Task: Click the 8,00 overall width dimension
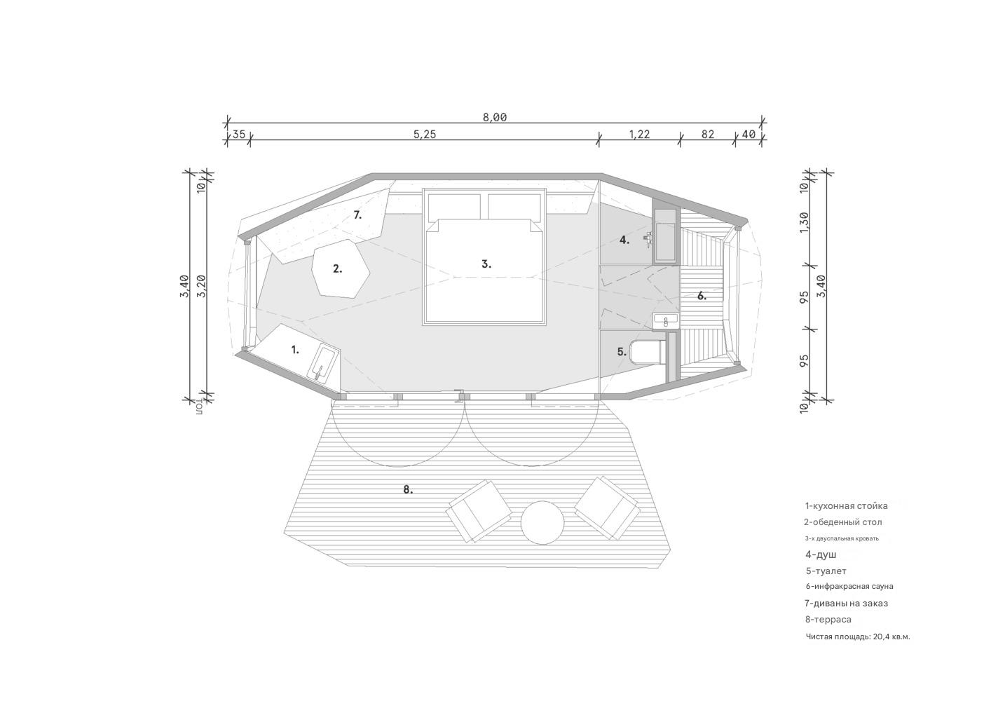[x=495, y=117]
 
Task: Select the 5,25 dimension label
[x=425, y=134]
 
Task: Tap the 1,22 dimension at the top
[x=640, y=134]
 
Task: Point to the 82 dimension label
[x=708, y=134]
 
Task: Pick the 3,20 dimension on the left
[x=202, y=286]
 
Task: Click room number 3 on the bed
[x=486, y=264]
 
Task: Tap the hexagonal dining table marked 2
[x=341, y=268]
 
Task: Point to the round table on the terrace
[x=542, y=523]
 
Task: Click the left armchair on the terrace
[x=478, y=512]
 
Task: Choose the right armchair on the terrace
[x=608, y=508]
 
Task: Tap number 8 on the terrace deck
[x=408, y=489]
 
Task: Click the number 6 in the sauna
[x=702, y=296]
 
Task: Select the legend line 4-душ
[x=821, y=554]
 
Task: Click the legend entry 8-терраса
[x=828, y=620]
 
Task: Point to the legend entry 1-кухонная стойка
[x=847, y=506]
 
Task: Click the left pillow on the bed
[x=454, y=206]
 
